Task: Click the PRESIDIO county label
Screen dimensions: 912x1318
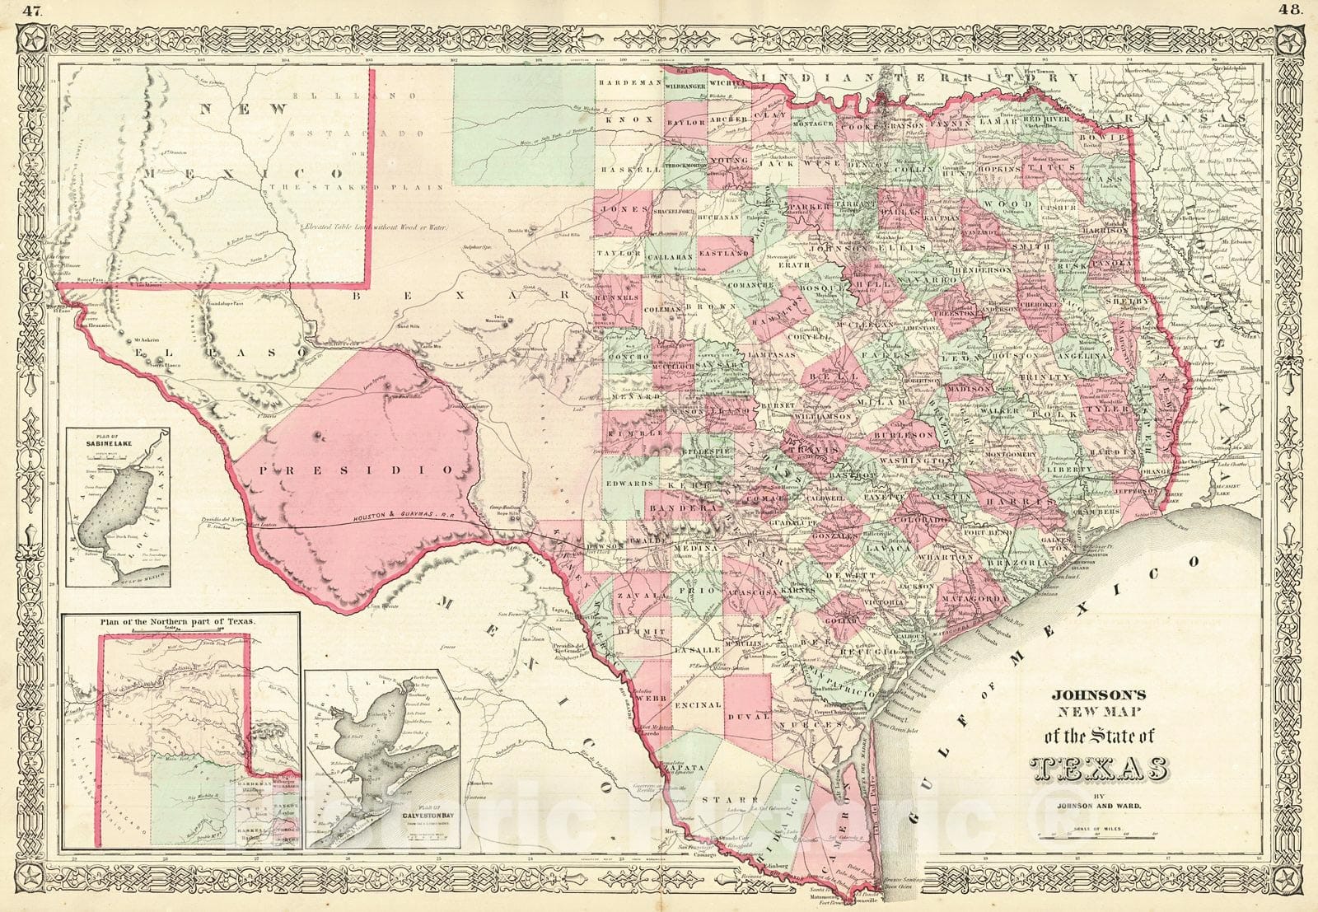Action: [x=356, y=470]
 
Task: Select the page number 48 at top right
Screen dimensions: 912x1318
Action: [x=1288, y=11]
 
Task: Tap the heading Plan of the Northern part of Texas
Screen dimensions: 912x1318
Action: [x=177, y=623]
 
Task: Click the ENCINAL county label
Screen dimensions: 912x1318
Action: [x=697, y=705]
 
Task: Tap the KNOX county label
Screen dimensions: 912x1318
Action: [x=622, y=119]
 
